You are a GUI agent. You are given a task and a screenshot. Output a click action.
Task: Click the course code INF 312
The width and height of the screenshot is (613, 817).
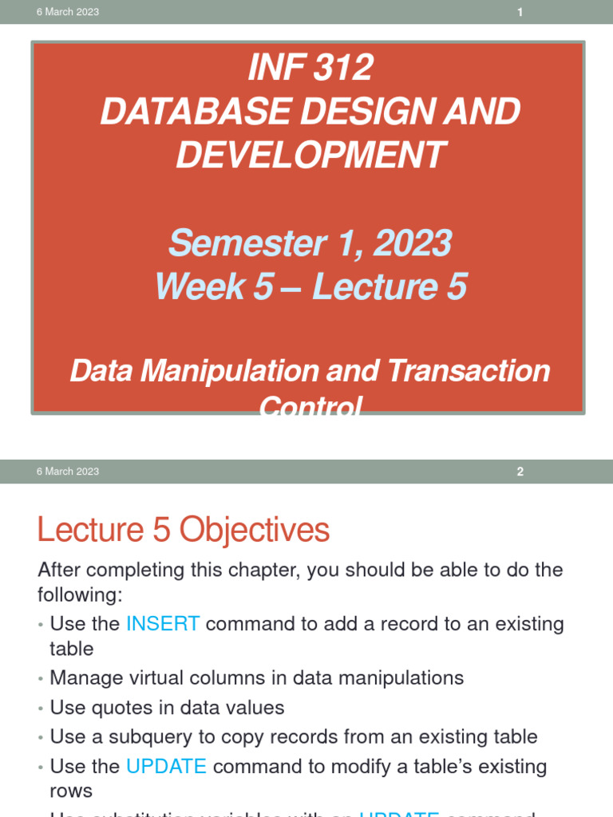pos(310,69)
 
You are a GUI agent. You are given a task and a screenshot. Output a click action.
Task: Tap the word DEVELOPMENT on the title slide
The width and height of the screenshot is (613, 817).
pos(310,154)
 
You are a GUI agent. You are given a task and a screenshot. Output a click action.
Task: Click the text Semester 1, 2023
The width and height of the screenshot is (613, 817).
pos(310,243)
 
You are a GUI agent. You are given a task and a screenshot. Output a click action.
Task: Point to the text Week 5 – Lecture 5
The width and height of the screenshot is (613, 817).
pos(310,286)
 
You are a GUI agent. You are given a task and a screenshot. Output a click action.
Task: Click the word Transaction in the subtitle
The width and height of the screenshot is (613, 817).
pos(469,371)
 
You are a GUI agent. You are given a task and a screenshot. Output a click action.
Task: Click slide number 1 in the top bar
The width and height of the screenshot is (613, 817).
pos(520,12)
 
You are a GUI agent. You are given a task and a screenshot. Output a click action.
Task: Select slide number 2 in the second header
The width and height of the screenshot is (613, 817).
pos(520,472)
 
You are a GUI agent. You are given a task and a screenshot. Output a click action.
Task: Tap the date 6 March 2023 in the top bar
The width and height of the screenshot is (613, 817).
pos(68,12)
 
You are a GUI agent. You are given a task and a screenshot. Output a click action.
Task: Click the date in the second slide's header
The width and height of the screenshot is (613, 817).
pos(68,472)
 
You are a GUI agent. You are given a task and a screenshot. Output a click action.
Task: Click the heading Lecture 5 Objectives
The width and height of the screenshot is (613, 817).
pos(183,530)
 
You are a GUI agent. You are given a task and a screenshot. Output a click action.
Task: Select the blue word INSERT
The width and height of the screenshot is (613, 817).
pos(163,624)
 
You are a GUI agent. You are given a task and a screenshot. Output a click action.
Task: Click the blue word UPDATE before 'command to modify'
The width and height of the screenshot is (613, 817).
pos(166,767)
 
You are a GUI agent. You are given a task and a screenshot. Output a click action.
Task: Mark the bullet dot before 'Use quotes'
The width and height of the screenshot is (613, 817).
pos(40,708)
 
